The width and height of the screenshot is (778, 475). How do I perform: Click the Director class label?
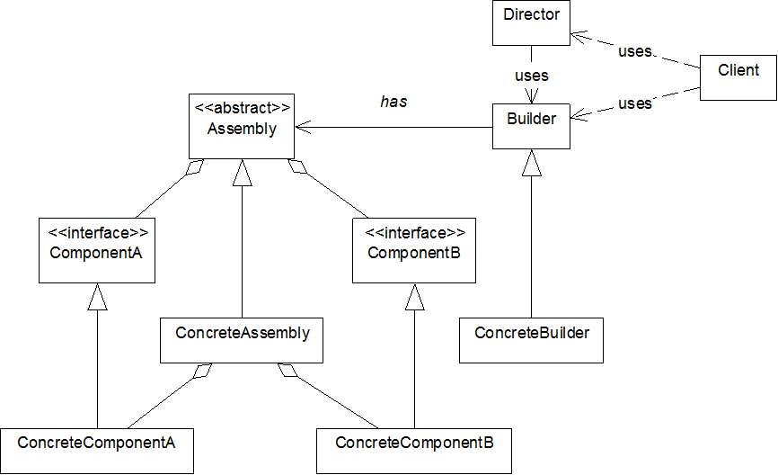532,14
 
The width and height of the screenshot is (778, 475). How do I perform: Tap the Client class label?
738,70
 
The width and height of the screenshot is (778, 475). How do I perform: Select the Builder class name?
532,119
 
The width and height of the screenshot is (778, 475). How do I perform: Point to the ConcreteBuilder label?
532,333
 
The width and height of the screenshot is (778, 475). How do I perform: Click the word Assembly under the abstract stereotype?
242,129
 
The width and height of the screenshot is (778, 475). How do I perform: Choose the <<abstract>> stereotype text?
243,108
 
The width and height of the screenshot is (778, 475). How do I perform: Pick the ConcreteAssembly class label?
243,333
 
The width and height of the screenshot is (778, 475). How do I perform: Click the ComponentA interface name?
97,253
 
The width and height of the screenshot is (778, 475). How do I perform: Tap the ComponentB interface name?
414,253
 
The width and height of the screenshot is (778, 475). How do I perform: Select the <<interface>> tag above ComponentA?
98,233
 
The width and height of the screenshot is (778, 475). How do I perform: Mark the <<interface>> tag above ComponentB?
415,233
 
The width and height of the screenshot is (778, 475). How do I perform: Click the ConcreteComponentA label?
97,443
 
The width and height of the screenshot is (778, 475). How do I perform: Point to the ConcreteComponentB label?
415,443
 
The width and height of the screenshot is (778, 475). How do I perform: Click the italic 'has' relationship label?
393,102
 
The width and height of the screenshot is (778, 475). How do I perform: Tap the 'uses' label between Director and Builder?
532,76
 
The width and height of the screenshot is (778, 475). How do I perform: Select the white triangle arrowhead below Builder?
532,164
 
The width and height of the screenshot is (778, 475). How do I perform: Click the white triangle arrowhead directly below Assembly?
242,175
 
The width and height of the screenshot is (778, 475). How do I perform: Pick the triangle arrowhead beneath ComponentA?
97,299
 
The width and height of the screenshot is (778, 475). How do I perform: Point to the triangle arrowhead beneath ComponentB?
414,299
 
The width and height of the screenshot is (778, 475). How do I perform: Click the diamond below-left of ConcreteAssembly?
203,371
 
